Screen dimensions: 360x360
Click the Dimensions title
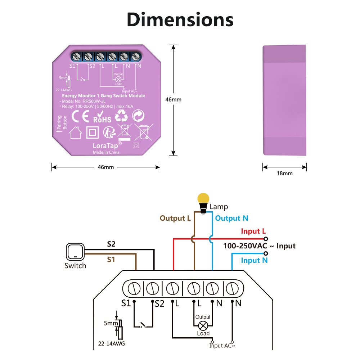pos(180,19)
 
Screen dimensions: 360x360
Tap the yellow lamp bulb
pos(203,199)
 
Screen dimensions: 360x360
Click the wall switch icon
pos(75,252)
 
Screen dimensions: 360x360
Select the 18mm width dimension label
pos(284,174)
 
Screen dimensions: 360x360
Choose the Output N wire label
pos(231,218)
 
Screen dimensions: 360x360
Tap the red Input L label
pos(253,231)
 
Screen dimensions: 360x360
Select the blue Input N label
pos(254,260)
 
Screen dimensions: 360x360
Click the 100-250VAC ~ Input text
pos(259,246)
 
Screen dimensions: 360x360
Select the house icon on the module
pos(75,132)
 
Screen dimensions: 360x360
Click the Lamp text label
pos(219,207)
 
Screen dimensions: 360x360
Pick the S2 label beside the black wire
pos(112,244)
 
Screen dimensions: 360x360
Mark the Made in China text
pos(106,152)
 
